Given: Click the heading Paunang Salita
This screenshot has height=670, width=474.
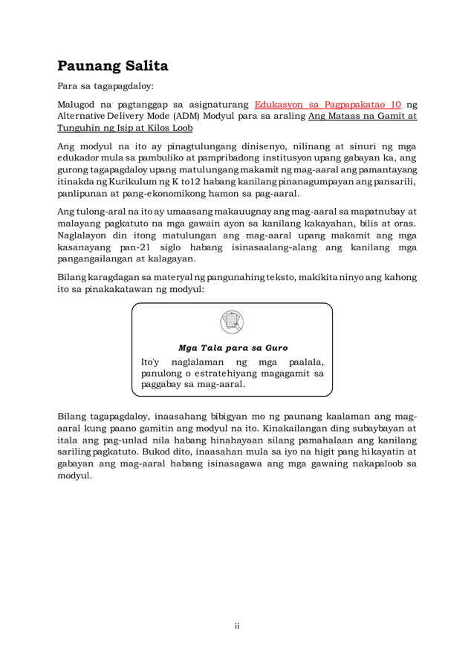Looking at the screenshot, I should pos(113,65).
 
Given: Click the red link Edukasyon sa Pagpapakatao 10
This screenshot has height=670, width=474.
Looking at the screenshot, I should pos(328,104).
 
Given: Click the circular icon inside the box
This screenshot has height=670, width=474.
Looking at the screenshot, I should pos(232,322).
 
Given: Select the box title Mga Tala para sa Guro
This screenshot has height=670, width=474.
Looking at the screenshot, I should pos(233,348).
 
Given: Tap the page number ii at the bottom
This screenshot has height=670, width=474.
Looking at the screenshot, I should pos(237,626).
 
